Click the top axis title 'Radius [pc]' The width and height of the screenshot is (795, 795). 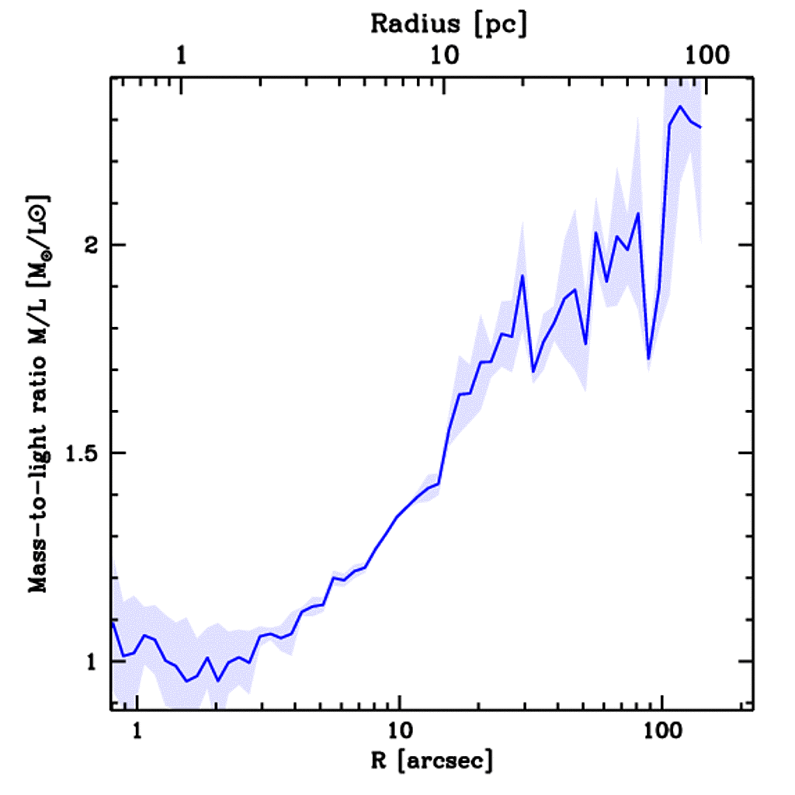448,23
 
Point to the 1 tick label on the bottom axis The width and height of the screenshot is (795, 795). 137,731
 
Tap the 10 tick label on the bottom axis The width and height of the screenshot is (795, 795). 399,731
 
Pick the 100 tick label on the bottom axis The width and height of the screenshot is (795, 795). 661,731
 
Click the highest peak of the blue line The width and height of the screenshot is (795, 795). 680,106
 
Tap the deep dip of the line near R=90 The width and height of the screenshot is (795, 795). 649,359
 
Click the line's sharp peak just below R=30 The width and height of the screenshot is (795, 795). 522,276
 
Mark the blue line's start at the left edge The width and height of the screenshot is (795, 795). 113,621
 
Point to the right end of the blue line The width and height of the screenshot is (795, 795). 701,127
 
